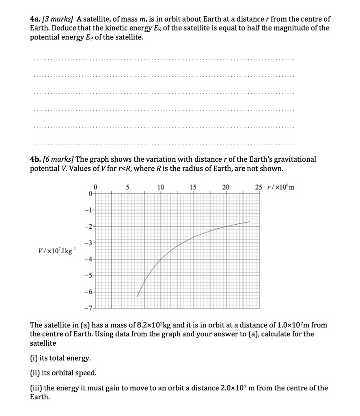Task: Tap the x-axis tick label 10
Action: [161, 187]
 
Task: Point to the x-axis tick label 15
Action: [193, 187]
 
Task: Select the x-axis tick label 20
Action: [226, 187]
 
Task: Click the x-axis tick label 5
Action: [128, 187]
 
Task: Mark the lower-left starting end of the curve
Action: [138, 297]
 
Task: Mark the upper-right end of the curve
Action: [250, 221]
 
